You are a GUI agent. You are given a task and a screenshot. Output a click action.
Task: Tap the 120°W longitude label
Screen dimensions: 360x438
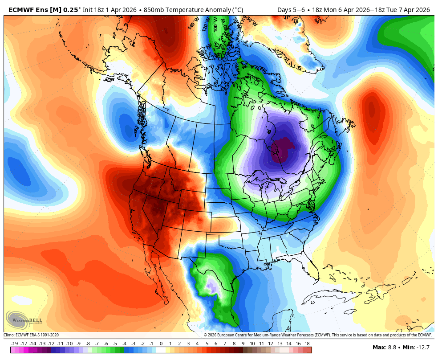coord(206,23)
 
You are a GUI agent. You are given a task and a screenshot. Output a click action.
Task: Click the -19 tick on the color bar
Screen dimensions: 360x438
coord(14,344)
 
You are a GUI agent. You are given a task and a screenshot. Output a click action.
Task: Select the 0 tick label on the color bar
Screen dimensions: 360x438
coord(161,344)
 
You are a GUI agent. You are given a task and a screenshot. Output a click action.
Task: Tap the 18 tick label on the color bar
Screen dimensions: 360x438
coord(307,344)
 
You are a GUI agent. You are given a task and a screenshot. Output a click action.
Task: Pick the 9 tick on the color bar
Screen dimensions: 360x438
coord(243,344)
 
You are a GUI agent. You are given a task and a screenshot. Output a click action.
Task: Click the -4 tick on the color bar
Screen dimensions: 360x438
coord(124,344)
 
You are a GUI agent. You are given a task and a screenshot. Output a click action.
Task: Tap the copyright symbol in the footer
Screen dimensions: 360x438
coord(206,335)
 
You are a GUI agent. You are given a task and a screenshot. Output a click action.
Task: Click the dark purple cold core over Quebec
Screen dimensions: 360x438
coord(283,149)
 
